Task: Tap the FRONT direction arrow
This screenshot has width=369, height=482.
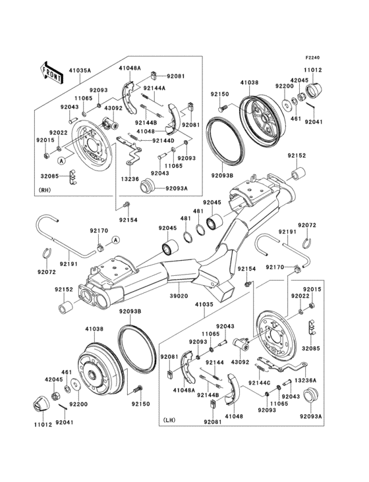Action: tap(52, 70)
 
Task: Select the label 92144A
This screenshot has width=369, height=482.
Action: tap(156, 88)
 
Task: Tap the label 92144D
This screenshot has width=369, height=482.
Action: tap(163, 140)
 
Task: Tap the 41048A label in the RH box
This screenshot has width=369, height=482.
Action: tap(129, 68)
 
